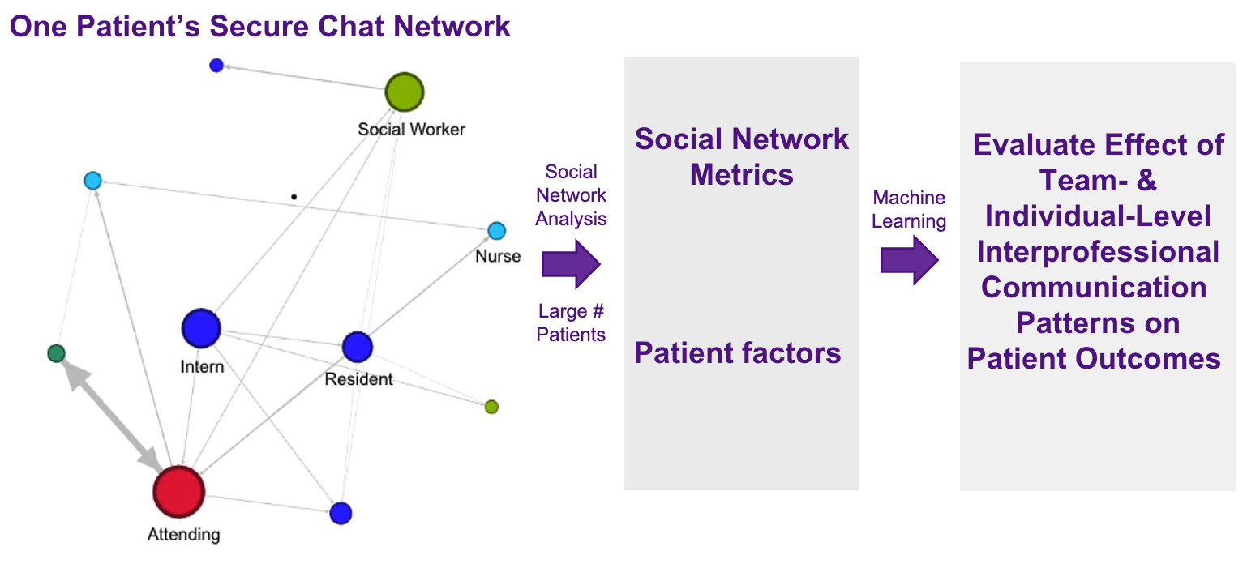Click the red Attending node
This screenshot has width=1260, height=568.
coord(178,492)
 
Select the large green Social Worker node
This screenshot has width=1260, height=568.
coord(404,92)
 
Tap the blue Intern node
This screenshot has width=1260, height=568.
coord(201,329)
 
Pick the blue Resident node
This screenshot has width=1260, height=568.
coord(357,347)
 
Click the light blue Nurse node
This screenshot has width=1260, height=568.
coord(496,232)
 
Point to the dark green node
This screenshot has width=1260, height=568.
coord(56,353)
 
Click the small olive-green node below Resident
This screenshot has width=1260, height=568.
coord(491,407)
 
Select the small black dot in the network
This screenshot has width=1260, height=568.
coord(294,196)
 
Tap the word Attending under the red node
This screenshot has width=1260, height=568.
coord(183,535)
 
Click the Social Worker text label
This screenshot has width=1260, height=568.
coord(411,130)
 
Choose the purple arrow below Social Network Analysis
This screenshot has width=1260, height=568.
coord(571,264)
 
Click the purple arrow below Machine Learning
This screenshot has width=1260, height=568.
coord(910,261)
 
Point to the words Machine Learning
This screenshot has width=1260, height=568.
coord(909,210)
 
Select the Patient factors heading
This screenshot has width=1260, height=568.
coord(738,353)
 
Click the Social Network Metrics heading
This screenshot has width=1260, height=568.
coord(741,156)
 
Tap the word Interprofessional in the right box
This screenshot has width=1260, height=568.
coord(1098,252)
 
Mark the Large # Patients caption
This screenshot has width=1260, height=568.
coord(571,322)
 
